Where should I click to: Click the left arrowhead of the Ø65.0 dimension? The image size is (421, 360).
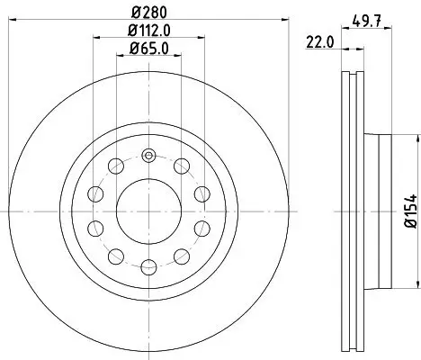coord(119,60)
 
